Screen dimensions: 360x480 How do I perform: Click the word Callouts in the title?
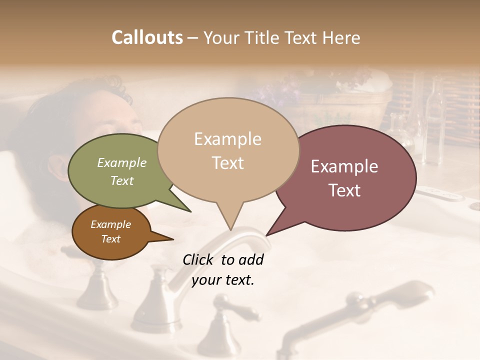pyautogui.click(x=147, y=37)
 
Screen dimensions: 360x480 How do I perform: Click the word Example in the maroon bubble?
pyautogui.click(x=344, y=166)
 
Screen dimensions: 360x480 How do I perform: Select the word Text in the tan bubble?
pyautogui.click(x=228, y=163)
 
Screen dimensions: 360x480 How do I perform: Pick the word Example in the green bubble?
pyautogui.click(x=122, y=162)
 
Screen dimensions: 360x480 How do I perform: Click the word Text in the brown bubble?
pyautogui.click(x=111, y=239)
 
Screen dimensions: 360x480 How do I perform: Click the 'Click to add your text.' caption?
pyautogui.click(x=222, y=269)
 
